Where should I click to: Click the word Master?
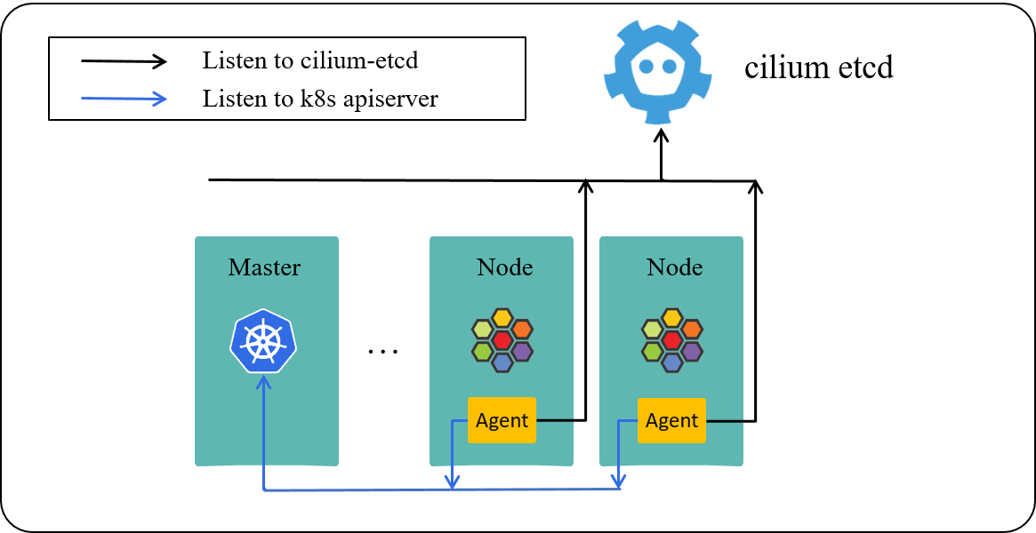(x=264, y=267)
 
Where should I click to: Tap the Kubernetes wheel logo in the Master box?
(x=263, y=341)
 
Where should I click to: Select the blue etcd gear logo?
(x=657, y=71)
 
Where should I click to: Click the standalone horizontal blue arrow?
(x=124, y=99)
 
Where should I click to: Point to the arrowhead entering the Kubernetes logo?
(x=263, y=382)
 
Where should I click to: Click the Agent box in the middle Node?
(x=502, y=420)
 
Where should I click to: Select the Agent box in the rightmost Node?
(x=671, y=420)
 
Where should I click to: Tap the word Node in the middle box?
(x=504, y=267)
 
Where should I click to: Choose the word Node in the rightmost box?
(x=674, y=267)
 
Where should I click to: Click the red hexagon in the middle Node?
(x=502, y=340)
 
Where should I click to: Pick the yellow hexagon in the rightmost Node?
(x=672, y=318)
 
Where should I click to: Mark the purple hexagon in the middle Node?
(x=522, y=351)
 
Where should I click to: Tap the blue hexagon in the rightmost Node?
(x=672, y=362)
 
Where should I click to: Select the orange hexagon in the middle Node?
(x=522, y=329)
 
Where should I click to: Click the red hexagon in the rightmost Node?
(x=672, y=340)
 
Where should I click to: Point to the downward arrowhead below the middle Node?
(x=452, y=481)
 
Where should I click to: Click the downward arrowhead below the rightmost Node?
(x=617, y=481)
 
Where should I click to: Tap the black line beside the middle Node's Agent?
(x=554, y=419)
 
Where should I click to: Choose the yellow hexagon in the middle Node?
(x=502, y=318)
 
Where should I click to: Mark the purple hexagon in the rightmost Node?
(x=692, y=351)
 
